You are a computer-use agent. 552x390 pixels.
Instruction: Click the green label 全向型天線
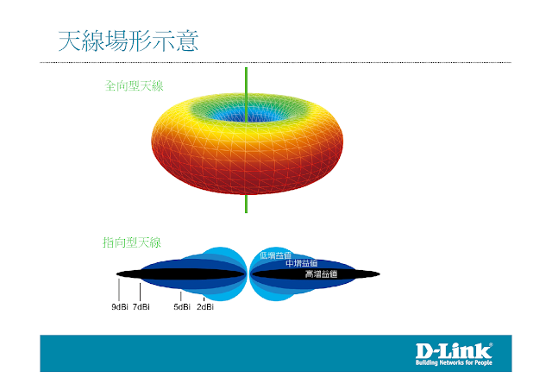(x=135, y=86)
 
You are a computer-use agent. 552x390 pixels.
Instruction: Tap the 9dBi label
(x=120, y=306)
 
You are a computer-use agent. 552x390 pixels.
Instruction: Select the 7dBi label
(x=141, y=306)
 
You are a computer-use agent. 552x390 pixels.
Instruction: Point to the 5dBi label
(x=181, y=306)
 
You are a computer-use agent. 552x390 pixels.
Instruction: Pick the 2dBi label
(x=205, y=306)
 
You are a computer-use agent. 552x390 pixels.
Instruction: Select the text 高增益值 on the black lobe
(x=321, y=274)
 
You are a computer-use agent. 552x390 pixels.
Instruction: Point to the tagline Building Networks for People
(x=454, y=363)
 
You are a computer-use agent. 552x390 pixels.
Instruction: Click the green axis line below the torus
(x=246, y=204)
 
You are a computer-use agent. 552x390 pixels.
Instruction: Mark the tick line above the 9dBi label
(x=119, y=290)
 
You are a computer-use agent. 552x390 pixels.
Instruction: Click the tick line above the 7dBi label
(x=140, y=291)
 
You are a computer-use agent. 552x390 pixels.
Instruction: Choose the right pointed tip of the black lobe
(x=379, y=274)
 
